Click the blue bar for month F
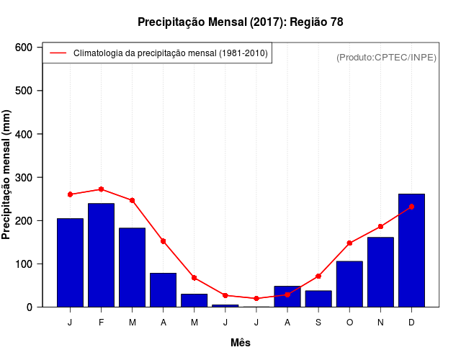point(101,255)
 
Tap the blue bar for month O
point(349,284)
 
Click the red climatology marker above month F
point(101,189)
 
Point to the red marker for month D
point(411,207)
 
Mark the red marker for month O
point(349,243)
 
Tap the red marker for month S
point(318,276)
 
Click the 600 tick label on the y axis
point(24,48)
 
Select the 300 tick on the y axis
point(24,177)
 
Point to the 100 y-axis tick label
point(24,264)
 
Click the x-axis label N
point(380,323)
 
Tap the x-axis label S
point(318,323)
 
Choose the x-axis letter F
point(101,323)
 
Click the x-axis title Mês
point(241,343)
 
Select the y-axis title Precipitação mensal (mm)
point(7,174)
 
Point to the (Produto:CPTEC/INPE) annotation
point(387,57)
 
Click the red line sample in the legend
point(58,53)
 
